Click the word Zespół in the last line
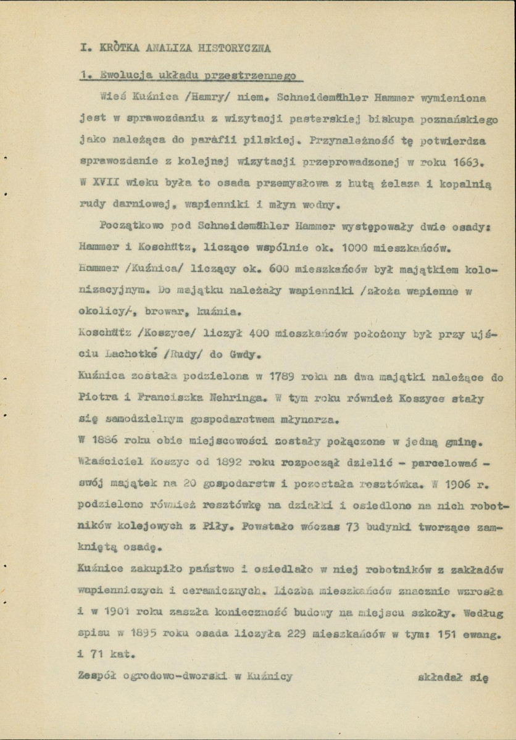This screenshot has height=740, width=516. coord(102,675)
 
